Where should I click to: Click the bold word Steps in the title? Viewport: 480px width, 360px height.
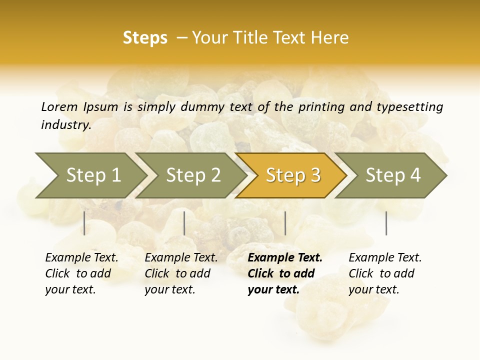[x=145, y=38]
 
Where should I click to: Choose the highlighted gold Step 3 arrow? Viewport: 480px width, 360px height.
[x=293, y=175]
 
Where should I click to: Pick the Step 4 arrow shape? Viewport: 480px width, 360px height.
[x=393, y=175]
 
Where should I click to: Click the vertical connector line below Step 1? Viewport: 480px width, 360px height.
[x=84, y=223]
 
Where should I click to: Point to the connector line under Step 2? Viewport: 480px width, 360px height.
[x=184, y=223]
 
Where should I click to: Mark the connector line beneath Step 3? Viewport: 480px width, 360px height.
[x=285, y=223]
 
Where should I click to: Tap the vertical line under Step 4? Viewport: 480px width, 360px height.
[x=386, y=223]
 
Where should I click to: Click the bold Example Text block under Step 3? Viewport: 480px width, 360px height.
[x=285, y=273]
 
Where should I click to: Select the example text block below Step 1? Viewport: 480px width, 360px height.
[x=81, y=273]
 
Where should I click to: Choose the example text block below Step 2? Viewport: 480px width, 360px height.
[x=181, y=273]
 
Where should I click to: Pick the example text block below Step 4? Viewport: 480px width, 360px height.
[x=385, y=273]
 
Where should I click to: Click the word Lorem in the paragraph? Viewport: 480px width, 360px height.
[x=59, y=106]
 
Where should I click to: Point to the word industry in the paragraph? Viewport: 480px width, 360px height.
[x=65, y=124]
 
